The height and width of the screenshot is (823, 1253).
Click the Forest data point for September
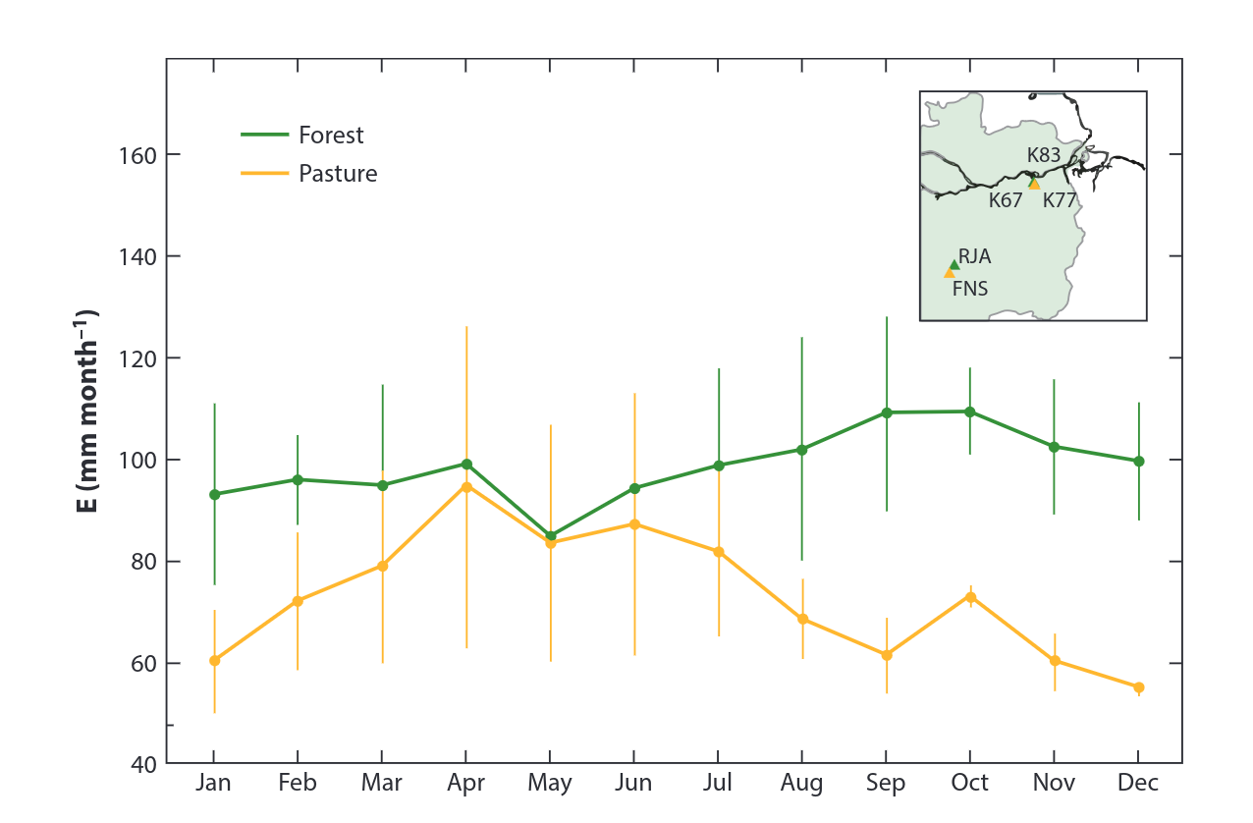[x=887, y=412]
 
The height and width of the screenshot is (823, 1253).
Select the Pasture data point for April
[x=466, y=486]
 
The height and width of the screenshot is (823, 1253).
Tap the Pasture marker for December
[x=1139, y=687]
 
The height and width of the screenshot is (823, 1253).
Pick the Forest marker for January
[x=214, y=494]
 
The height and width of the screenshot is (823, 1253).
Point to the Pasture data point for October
[x=970, y=597]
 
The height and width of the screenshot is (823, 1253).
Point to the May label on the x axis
[x=550, y=784]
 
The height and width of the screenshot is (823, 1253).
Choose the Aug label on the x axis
[x=802, y=784]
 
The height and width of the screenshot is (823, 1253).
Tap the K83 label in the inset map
[x=1044, y=155]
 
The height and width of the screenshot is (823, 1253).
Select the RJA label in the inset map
[x=975, y=257]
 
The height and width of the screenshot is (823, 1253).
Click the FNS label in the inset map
[x=970, y=289]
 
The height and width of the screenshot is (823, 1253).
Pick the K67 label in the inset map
[x=1006, y=200]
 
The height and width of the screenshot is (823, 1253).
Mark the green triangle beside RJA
[x=954, y=263]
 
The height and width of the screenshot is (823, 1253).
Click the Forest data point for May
[x=551, y=536]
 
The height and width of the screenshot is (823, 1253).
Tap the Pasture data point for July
[x=719, y=552]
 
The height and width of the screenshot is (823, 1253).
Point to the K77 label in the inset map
[x=1061, y=200]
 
